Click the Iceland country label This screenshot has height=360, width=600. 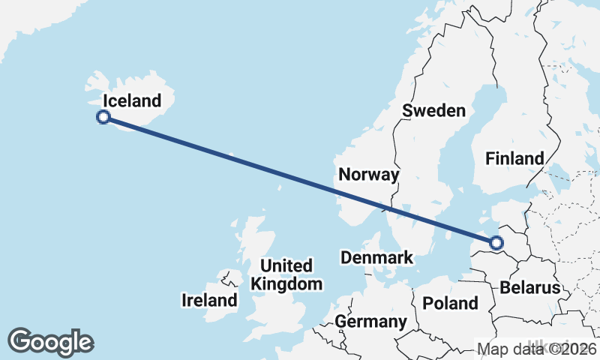132,100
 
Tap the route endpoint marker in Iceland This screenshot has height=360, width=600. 104,116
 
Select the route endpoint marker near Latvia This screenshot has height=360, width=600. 496,242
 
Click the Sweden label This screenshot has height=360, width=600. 433,110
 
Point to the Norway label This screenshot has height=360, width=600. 368,175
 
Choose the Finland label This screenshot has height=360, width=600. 514,158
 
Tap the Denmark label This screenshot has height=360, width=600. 376,258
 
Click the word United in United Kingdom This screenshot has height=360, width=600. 286,265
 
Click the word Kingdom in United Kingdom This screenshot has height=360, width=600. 286,283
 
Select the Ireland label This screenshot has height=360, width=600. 209,301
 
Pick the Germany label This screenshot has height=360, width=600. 370,322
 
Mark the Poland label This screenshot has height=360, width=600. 450,303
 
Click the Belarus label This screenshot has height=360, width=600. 530,287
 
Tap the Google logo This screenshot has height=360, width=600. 50,341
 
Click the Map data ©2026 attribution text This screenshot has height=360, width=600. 536,349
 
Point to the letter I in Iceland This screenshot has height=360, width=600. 106,100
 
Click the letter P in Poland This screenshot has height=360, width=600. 427,303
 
